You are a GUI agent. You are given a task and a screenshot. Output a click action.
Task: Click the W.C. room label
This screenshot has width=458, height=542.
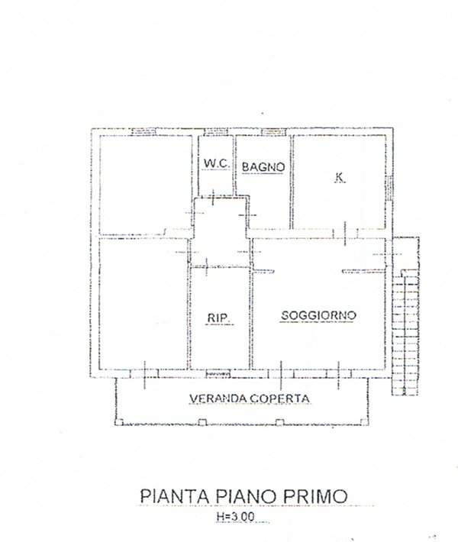(x=211, y=163)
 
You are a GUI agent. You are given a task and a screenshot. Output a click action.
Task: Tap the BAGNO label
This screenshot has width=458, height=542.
(x=263, y=166)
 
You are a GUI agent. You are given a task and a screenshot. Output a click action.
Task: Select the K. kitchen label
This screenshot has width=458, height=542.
(x=338, y=178)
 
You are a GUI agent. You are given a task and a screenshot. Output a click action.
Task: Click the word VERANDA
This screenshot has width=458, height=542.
(x=217, y=398)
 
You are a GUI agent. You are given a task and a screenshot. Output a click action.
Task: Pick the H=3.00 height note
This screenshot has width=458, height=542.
(x=237, y=518)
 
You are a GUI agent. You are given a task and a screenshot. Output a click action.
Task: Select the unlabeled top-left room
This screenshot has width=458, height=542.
(x=141, y=183)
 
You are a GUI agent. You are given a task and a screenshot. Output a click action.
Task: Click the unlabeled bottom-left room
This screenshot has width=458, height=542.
(x=141, y=305)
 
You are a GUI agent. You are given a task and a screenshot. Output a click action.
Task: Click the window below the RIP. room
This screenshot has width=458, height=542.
(x=219, y=373)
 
